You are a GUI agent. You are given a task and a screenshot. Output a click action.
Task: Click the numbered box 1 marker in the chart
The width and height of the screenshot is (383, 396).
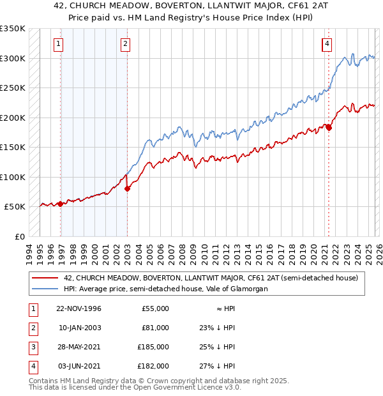[x=58, y=44]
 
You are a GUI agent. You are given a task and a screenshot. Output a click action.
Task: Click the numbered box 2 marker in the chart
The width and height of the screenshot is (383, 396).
[x=125, y=44]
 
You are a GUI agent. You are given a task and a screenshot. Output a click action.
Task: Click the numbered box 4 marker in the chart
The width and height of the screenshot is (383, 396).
[x=326, y=44]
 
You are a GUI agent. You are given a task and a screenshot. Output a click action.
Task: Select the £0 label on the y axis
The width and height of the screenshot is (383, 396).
[x=19, y=237]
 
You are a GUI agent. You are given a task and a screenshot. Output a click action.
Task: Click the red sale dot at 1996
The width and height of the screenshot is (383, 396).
[x=61, y=204]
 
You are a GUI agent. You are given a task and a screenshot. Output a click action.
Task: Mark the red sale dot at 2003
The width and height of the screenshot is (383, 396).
[x=127, y=188]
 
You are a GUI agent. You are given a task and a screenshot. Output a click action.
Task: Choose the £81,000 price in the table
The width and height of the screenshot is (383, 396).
[x=155, y=328]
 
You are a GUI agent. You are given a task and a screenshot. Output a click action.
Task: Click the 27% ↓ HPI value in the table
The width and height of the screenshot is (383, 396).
[x=217, y=366]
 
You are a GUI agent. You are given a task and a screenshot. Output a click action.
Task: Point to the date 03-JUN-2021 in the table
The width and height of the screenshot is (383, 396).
[x=79, y=366]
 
